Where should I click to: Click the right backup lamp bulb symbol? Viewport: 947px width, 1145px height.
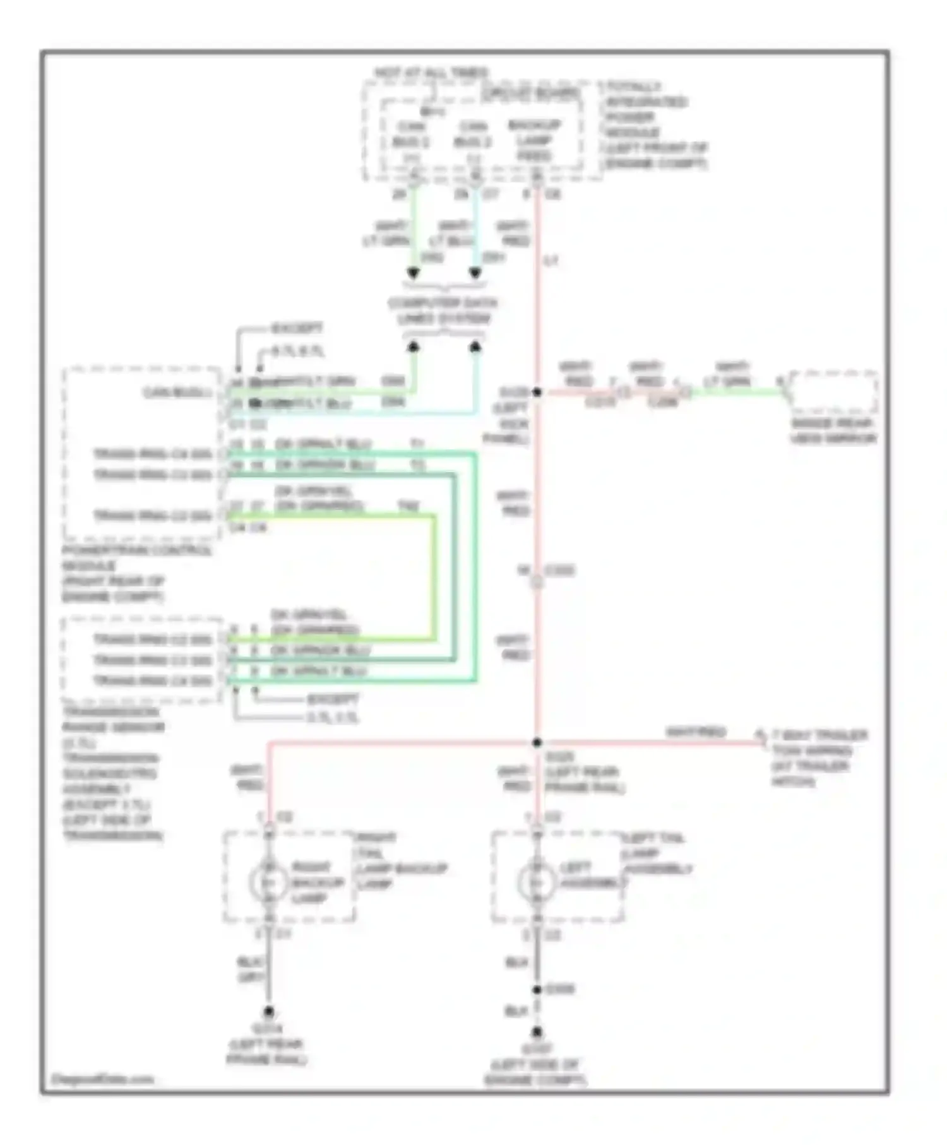pos(268,882)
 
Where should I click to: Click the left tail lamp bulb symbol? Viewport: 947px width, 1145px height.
pos(536,882)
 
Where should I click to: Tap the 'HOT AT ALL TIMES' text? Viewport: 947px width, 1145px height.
pos(431,73)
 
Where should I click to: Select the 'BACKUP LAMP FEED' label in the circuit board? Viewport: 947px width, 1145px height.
pos(534,140)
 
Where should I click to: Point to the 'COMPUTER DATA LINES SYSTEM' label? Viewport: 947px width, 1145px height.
pos(443,311)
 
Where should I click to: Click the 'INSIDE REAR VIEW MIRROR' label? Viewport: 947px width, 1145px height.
pos(833,430)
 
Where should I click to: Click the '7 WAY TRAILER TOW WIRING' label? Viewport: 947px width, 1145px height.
pos(819,744)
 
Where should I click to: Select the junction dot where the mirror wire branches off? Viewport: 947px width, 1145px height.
pos(537,392)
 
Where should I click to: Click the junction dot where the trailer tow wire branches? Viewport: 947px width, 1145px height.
pos(537,743)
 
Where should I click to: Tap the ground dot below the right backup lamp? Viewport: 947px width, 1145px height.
pos(268,1010)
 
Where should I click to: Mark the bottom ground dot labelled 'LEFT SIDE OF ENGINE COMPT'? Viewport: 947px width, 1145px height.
pos(536,1032)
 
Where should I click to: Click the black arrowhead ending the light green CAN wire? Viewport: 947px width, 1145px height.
pos(413,273)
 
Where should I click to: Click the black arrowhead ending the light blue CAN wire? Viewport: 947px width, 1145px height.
pos(475,273)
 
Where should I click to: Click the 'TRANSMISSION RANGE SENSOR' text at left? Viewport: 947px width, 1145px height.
pos(112,720)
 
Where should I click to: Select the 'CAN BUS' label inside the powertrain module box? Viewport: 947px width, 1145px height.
pos(177,393)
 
